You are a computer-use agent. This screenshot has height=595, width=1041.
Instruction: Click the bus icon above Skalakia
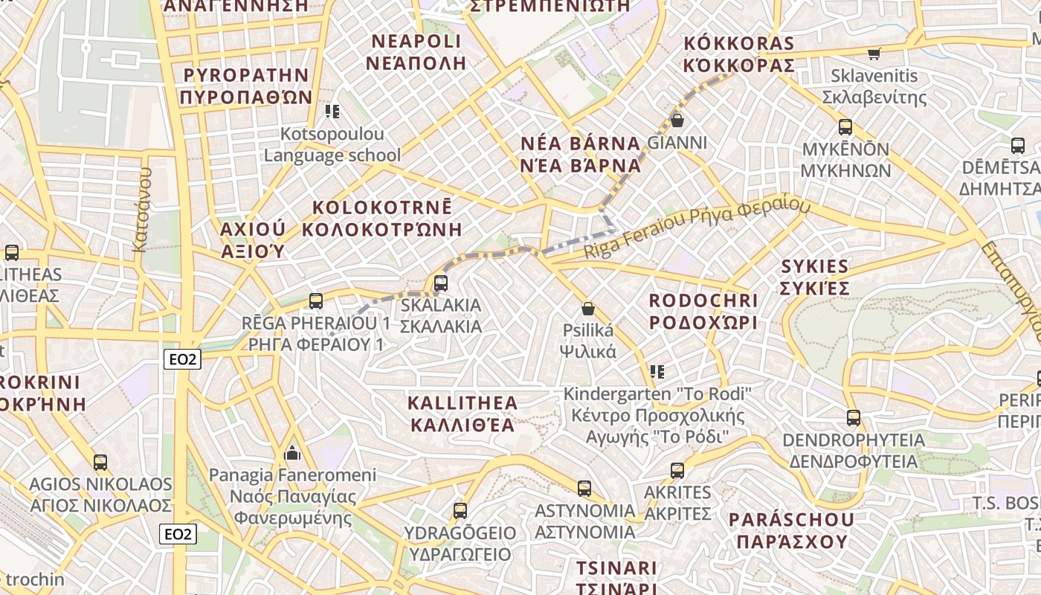point(441,283)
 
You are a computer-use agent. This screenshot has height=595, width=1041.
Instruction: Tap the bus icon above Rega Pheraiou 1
point(316,301)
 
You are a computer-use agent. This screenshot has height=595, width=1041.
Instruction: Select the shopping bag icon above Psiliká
point(588,308)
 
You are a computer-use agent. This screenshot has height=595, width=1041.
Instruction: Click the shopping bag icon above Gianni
point(677,120)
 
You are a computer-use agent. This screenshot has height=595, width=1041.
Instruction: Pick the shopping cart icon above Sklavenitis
point(874,54)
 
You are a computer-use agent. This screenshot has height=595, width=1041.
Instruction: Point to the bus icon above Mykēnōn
point(845,126)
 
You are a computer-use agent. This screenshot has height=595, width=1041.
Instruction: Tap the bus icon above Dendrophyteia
point(854,418)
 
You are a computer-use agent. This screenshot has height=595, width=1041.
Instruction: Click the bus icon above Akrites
point(677,471)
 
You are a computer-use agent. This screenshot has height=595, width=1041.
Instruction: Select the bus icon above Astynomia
point(585,489)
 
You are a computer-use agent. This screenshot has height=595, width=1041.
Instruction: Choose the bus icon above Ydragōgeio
point(460,511)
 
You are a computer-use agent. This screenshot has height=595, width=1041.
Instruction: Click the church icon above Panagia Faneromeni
point(292,453)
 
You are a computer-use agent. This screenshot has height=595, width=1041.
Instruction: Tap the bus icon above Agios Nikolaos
point(100,463)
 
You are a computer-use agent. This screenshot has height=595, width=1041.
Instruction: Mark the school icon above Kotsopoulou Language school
point(332,112)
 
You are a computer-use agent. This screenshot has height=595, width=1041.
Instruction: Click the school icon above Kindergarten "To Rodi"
point(657,371)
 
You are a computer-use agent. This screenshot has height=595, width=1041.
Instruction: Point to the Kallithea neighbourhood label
point(462,414)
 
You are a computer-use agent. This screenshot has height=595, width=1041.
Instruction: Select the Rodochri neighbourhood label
point(703,312)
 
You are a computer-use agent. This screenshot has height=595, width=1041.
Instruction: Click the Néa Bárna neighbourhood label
point(580,154)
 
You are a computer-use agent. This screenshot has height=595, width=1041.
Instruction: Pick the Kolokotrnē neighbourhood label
point(382,218)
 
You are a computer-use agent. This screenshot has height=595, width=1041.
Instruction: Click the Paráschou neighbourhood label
point(792,530)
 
